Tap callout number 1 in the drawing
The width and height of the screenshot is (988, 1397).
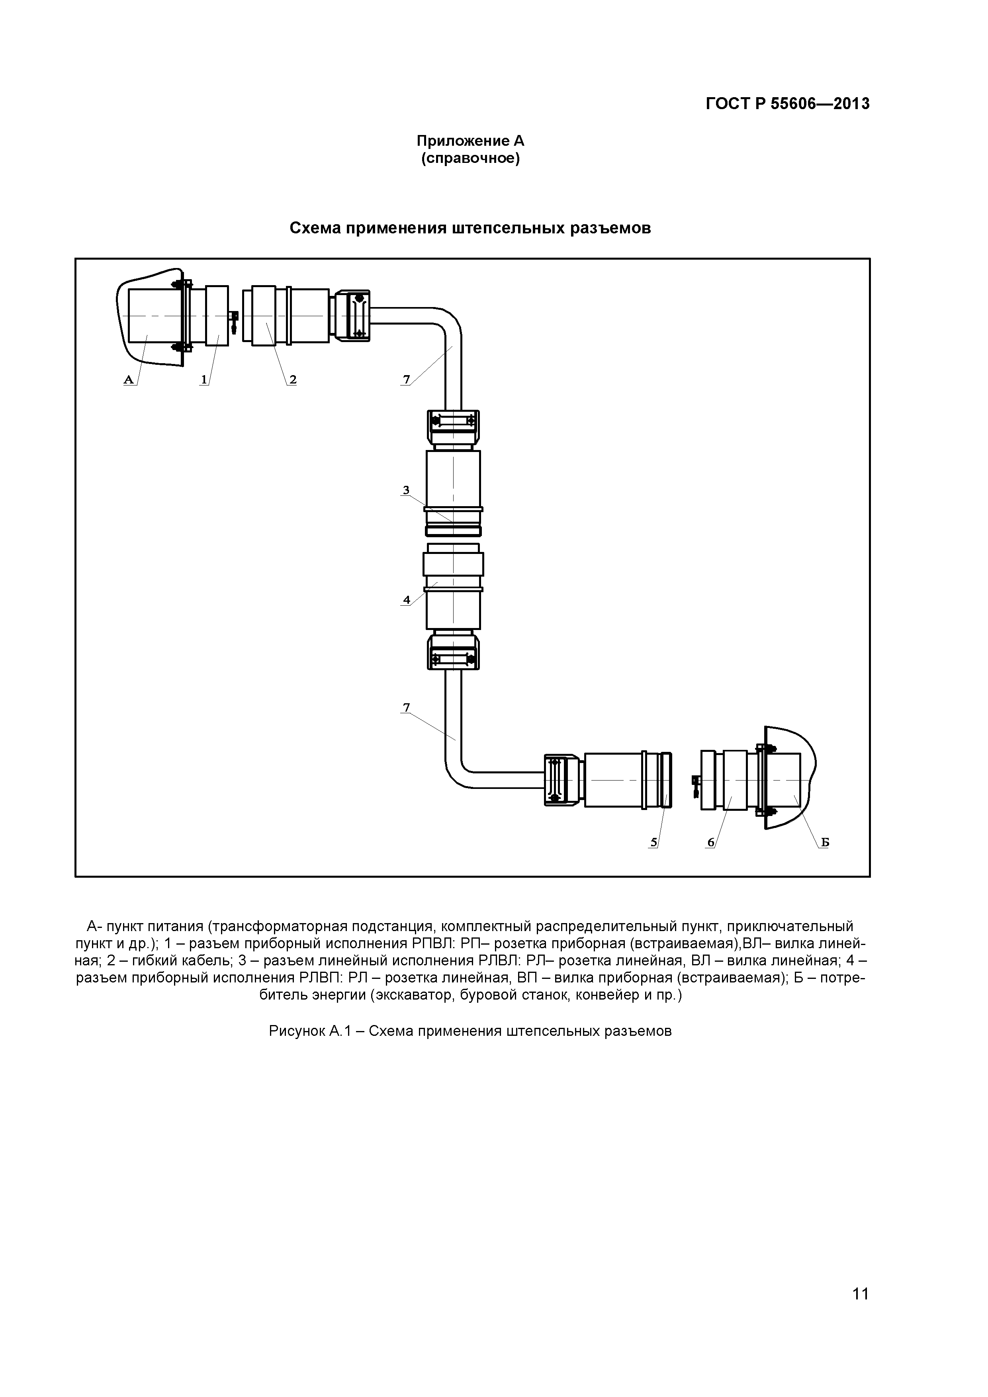click(204, 380)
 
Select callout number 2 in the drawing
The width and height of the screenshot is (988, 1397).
click(293, 380)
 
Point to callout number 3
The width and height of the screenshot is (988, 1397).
click(406, 490)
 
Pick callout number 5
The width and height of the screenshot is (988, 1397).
click(654, 842)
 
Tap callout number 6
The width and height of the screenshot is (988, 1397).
click(710, 842)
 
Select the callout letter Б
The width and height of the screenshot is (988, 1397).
click(825, 842)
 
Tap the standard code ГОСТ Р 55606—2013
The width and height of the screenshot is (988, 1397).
click(787, 104)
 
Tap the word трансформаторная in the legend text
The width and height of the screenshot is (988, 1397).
click(278, 926)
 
